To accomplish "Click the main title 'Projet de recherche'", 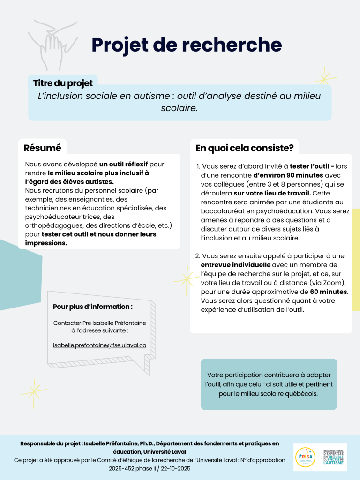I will (x=187, y=45).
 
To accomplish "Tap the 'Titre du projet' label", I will (x=63, y=83).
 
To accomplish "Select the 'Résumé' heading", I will (x=42, y=148).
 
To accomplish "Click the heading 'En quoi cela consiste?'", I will (x=244, y=148).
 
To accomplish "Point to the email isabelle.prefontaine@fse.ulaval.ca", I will (x=100, y=345).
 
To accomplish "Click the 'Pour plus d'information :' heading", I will (x=93, y=307).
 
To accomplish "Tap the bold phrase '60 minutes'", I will (x=329, y=292).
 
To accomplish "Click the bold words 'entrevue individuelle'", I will (x=231, y=265).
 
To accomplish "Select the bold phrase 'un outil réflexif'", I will (x=123, y=164).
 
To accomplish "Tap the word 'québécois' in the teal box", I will (x=303, y=394).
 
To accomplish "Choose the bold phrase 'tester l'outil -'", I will (x=312, y=166).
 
